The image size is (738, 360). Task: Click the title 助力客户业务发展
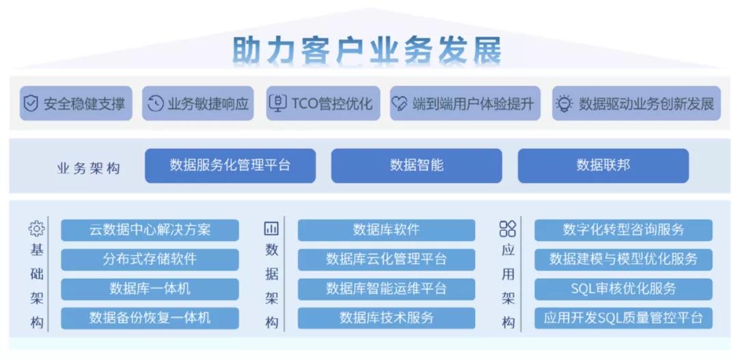tap(368, 49)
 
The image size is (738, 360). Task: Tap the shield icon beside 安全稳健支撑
tap(31, 104)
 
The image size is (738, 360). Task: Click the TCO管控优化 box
tap(321, 104)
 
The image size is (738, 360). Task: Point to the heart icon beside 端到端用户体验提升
tap(399, 104)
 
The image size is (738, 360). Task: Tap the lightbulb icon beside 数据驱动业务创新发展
tap(564, 104)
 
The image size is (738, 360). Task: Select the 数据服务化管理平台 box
tap(230, 165)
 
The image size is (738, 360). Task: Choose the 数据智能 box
tap(417, 165)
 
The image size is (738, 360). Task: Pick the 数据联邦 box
tap(603, 165)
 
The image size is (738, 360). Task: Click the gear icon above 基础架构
tap(36, 228)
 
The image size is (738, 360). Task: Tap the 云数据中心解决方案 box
tap(150, 230)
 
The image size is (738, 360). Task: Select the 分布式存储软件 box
tap(150, 260)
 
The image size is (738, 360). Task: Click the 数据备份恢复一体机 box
tap(150, 318)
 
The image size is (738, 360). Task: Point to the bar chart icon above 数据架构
tap(271, 229)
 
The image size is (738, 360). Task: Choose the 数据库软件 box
tap(386, 230)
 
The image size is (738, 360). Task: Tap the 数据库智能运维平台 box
tap(386, 289)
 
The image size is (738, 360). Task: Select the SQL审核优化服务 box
tap(623, 289)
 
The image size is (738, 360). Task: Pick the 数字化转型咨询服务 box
tap(623, 230)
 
